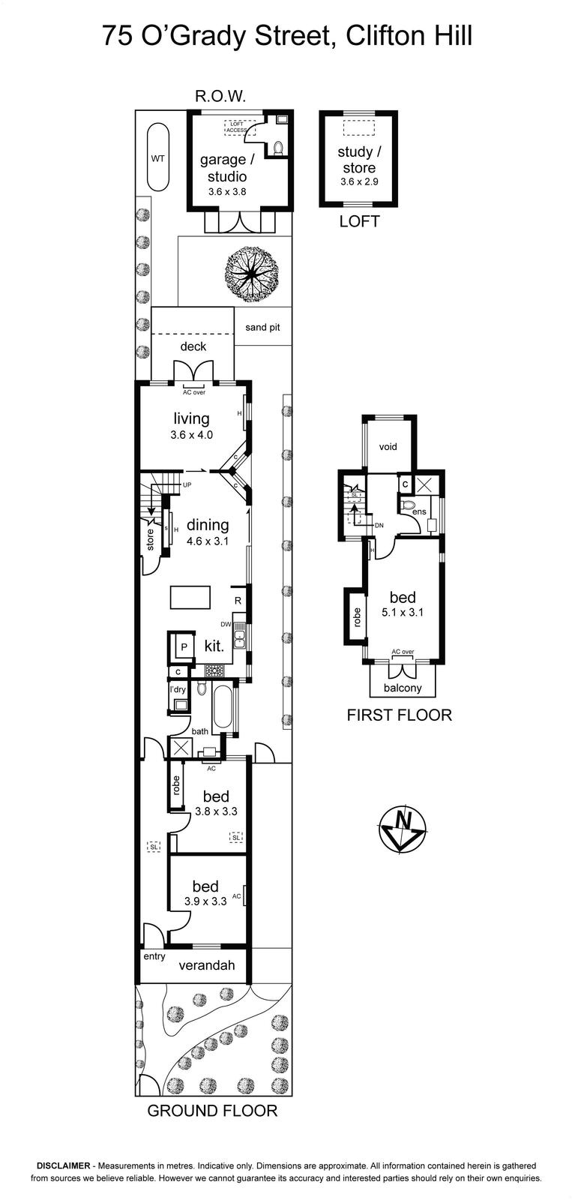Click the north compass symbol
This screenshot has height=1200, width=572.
(403, 828)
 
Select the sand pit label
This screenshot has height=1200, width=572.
(262, 327)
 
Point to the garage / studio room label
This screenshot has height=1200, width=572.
(223, 168)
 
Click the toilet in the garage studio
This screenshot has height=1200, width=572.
(278, 147)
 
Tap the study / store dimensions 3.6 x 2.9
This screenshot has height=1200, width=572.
(359, 181)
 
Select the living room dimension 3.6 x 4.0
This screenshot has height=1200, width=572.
(191, 435)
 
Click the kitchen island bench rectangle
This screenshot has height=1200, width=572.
(190, 597)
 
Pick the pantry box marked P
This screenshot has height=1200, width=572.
(184, 646)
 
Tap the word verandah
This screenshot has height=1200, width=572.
(207, 965)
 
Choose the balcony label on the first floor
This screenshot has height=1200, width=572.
(403, 688)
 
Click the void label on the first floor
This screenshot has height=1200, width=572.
(388, 446)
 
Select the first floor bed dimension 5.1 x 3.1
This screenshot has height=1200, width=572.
(403, 612)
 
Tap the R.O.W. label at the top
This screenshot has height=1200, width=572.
(220, 97)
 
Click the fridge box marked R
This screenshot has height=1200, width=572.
(238, 601)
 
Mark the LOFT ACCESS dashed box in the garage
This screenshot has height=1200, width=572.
(236, 127)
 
